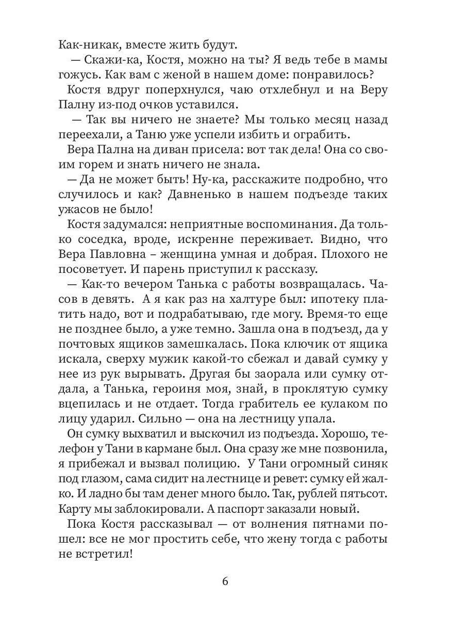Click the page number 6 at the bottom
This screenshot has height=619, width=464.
click(225, 581)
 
